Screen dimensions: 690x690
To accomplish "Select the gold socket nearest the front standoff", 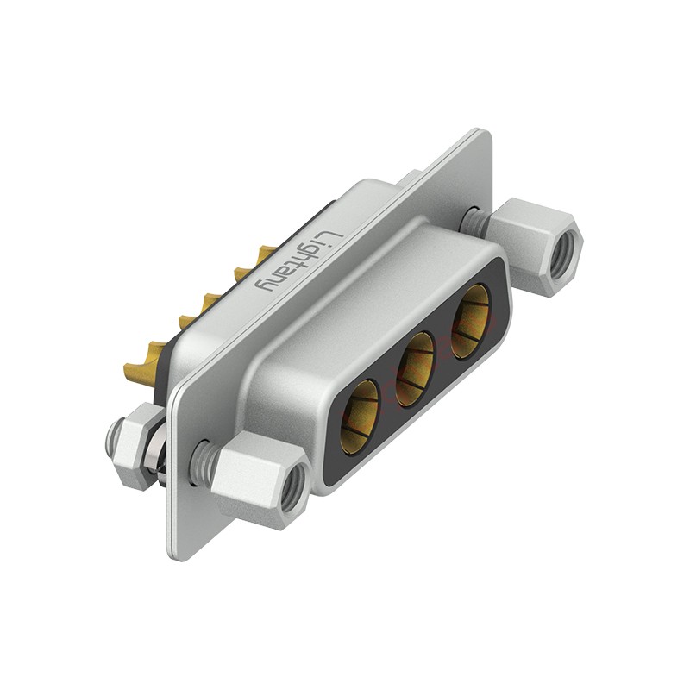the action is point(360,417).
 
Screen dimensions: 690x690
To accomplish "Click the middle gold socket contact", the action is point(414,368).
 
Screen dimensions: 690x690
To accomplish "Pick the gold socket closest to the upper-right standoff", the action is point(470,320).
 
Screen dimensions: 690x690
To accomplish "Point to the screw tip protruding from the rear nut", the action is point(112,438).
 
